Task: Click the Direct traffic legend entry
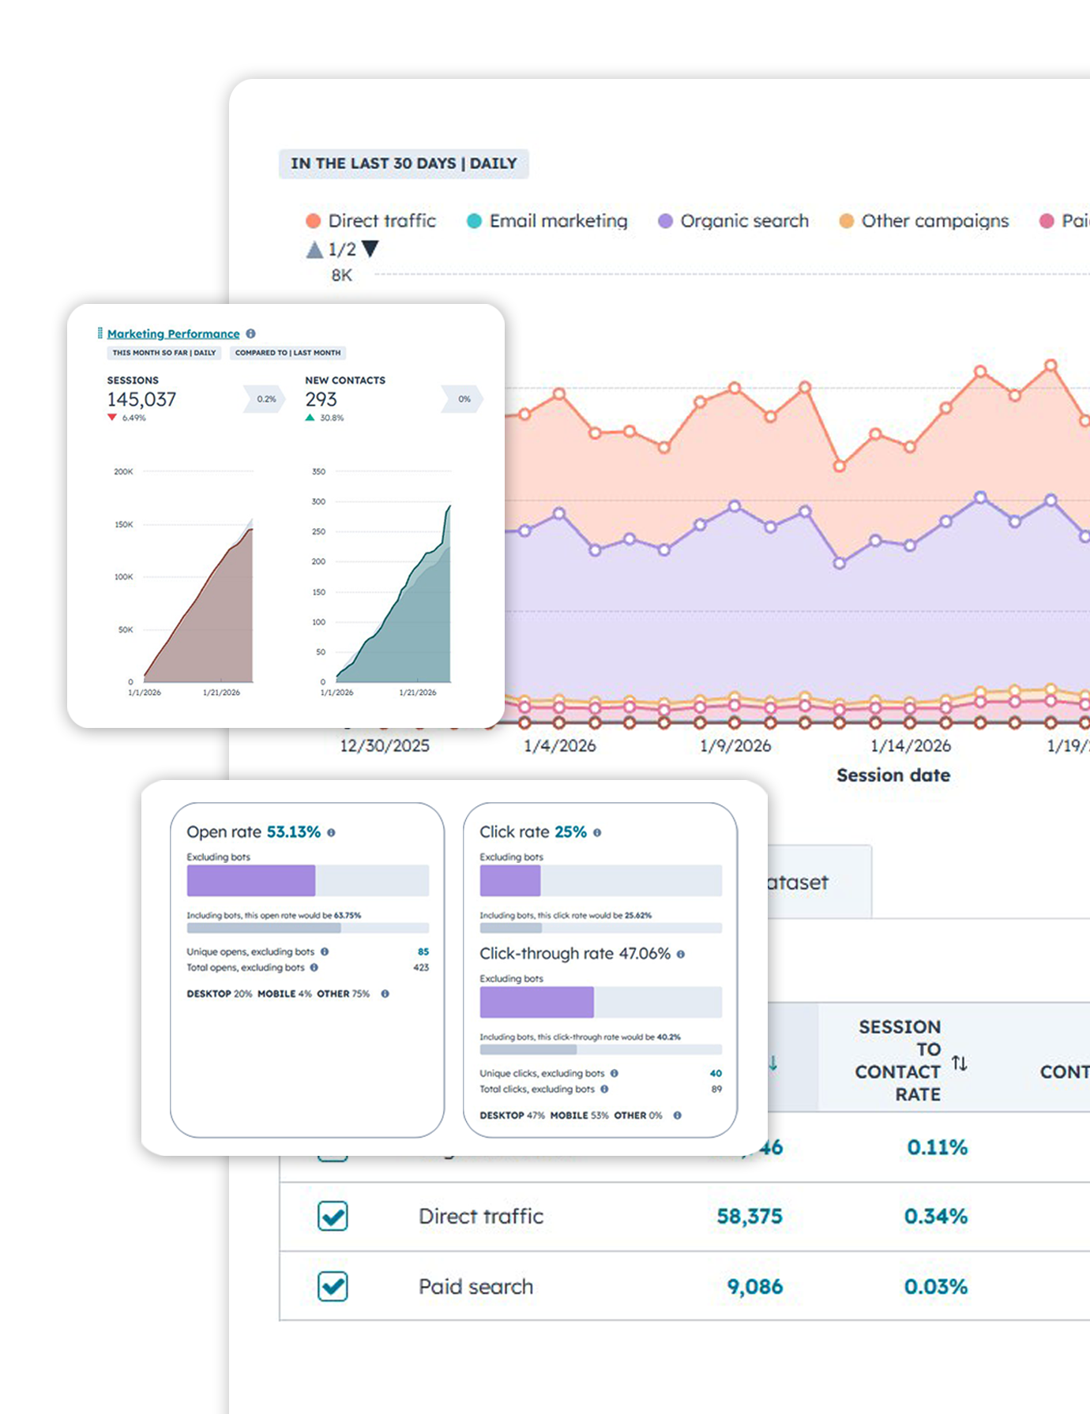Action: [x=371, y=221]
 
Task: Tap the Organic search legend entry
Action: [x=734, y=221]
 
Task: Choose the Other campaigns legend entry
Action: [x=924, y=221]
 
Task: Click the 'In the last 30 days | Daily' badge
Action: [x=404, y=163]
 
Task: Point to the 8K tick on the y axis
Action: [x=342, y=276]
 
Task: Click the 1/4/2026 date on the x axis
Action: [x=560, y=745]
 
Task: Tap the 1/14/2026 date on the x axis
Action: [x=911, y=745]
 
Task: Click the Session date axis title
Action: [x=893, y=775]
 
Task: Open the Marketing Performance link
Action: [x=173, y=334]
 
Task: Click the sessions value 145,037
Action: [x=142, y=399]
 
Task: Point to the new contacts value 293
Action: [x=321, y=399]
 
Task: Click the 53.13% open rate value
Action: [x=293, y=832]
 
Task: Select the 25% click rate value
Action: [x=570, y=832]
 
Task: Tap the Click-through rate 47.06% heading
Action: [x=575, y=954]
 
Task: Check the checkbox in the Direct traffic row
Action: [x=333, y=1216]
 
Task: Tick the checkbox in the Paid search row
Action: [x=333, y=1286]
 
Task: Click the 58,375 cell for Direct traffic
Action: [x=750, y=1216]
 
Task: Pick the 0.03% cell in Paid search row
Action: [x=936, y=1286]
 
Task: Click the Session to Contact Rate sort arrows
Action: [x=959, y=1063]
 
